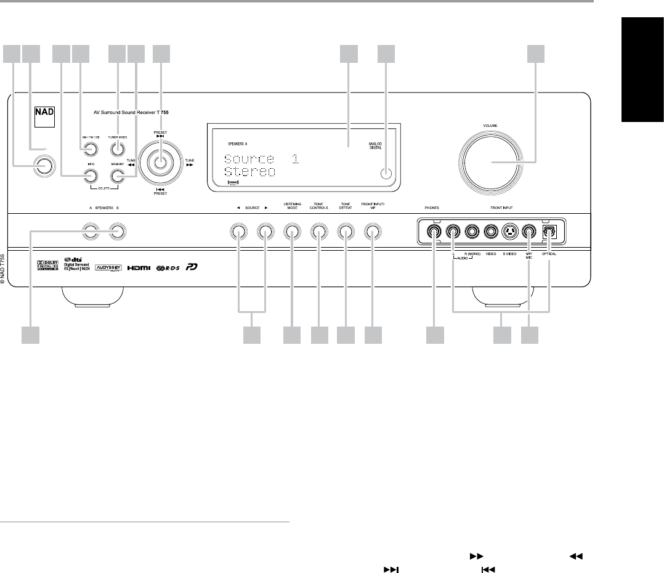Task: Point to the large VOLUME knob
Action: pos(494,163)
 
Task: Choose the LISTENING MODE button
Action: pos(292,232)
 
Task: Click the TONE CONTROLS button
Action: pos(318,232)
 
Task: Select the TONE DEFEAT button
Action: pos(346,232)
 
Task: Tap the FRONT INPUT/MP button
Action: pos(372,232)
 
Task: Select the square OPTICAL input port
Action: pos(548,232)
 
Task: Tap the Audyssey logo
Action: pos(108,270)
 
